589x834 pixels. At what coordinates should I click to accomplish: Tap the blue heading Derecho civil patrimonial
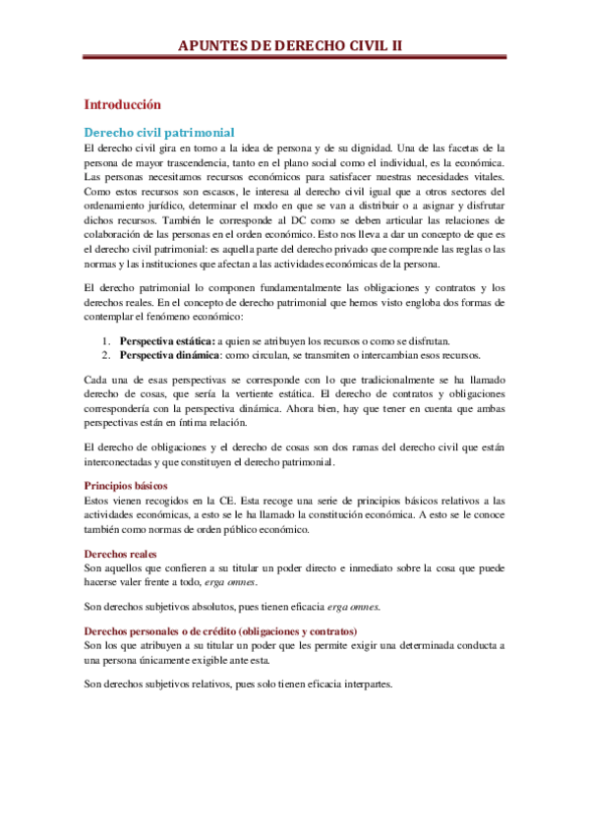pos(159,131)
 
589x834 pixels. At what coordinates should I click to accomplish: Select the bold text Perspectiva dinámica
pos(169,354)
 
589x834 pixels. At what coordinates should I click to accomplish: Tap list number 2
pos(106,354)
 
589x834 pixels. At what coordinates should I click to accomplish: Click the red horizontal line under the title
pos(294,58)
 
